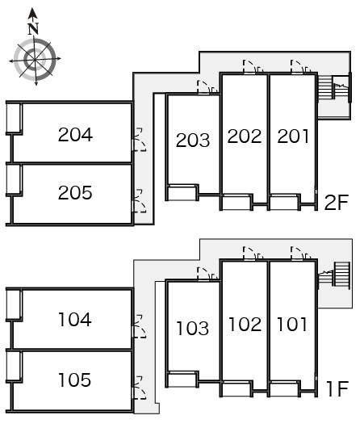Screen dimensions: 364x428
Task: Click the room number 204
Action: click(x=75, y=135)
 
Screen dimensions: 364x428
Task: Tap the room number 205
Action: click(x=75, y=192)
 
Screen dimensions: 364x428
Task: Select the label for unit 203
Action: click(x=193, y=140)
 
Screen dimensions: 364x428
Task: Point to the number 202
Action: click(x=245, y=136)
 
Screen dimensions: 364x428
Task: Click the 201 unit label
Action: click(x=293, y=136)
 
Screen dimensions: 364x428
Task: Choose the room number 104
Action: click(x=75, y=320)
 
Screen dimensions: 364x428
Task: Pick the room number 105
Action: click(x=75, y=380)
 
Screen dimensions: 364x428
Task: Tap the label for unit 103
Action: click(x=193, y=328)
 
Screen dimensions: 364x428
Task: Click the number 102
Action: click(x=245, y=324)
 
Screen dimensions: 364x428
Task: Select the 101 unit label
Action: click(x=292, y=324)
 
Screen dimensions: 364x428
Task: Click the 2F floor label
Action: click(x=337, y=203)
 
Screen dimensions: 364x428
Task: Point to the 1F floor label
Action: click(x=337, y=389)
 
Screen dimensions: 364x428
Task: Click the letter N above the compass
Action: click(x=33, y=29)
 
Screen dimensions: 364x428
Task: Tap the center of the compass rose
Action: click(x=35, y=59)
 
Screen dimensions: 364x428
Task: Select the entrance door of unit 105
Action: click(x=140, y=388)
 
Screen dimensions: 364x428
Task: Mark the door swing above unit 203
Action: click(x=207, y=87)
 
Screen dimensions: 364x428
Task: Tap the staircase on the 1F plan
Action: click(x=334, y=275)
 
